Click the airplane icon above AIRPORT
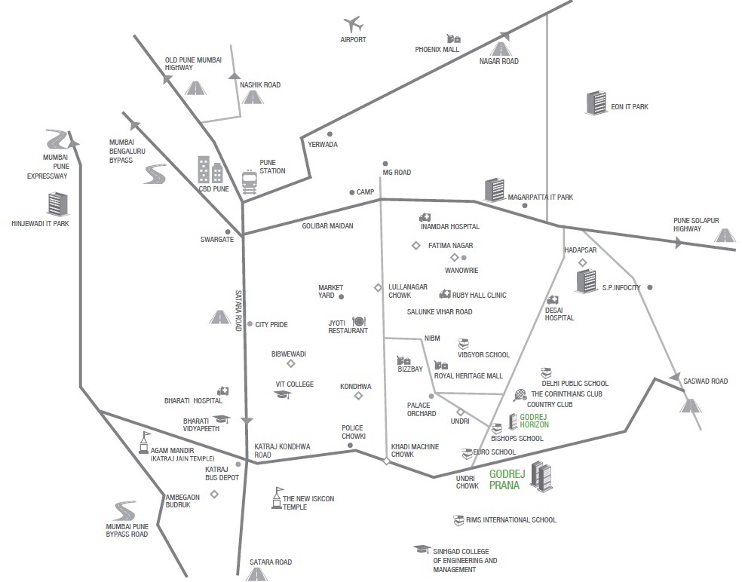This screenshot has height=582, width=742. pos(353,24)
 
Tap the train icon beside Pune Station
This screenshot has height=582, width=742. pos(250,182)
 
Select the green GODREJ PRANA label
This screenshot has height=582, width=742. pos(504,479)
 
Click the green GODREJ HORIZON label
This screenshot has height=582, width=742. pos(535,421)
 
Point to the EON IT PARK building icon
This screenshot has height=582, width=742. pos(596,103)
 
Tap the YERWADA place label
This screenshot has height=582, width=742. pos(323,144)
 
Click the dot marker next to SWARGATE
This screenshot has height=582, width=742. pos(228,232)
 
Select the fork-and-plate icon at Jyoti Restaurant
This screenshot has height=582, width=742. pos(358,322)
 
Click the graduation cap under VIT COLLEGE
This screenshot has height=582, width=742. pos(283,394)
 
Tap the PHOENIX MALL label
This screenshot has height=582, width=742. pos(437,49)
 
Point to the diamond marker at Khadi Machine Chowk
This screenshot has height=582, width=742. pos(387,461)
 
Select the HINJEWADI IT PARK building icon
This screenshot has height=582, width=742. pos(58,204)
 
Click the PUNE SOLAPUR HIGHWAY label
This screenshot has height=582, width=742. pos(696,225)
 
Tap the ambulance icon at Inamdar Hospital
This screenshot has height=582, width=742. pos(425,217)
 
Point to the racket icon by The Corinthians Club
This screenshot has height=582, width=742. pos(520,394)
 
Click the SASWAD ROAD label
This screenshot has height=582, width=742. pos(706,381)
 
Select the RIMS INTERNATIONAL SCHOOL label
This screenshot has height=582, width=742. pos(511,519)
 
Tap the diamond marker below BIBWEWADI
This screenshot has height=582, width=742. pos(291,363)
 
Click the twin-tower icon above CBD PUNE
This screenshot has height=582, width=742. pos(210,170)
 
